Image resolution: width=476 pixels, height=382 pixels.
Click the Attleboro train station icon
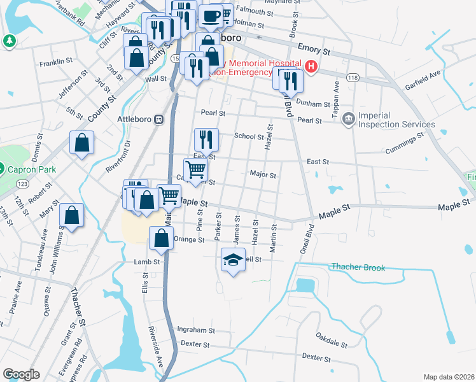point(158,119)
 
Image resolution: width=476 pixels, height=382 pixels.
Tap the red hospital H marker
point(311,66)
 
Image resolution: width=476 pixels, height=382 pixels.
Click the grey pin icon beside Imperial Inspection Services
point(348,119)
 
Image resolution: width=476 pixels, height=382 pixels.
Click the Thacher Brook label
point(358,267)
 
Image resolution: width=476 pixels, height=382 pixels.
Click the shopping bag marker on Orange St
point(162,239)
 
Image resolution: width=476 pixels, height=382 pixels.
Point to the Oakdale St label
point(332,341)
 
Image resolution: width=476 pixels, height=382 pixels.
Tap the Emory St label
point(314,49)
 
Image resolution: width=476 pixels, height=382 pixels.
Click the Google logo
point(21,374)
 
